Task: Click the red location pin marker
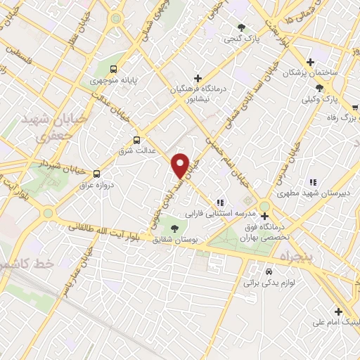pos(181,165)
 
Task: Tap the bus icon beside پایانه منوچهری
pos(113,69)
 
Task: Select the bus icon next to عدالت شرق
pos(136,139)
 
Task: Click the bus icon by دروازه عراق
pos(96,174)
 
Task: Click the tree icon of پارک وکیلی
pos(320,87)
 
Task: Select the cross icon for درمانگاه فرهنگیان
pos(198,78)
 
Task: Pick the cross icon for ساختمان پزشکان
pos(310,62)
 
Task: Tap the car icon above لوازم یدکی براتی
pos(269,271)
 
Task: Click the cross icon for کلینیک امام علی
pos(338,311)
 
